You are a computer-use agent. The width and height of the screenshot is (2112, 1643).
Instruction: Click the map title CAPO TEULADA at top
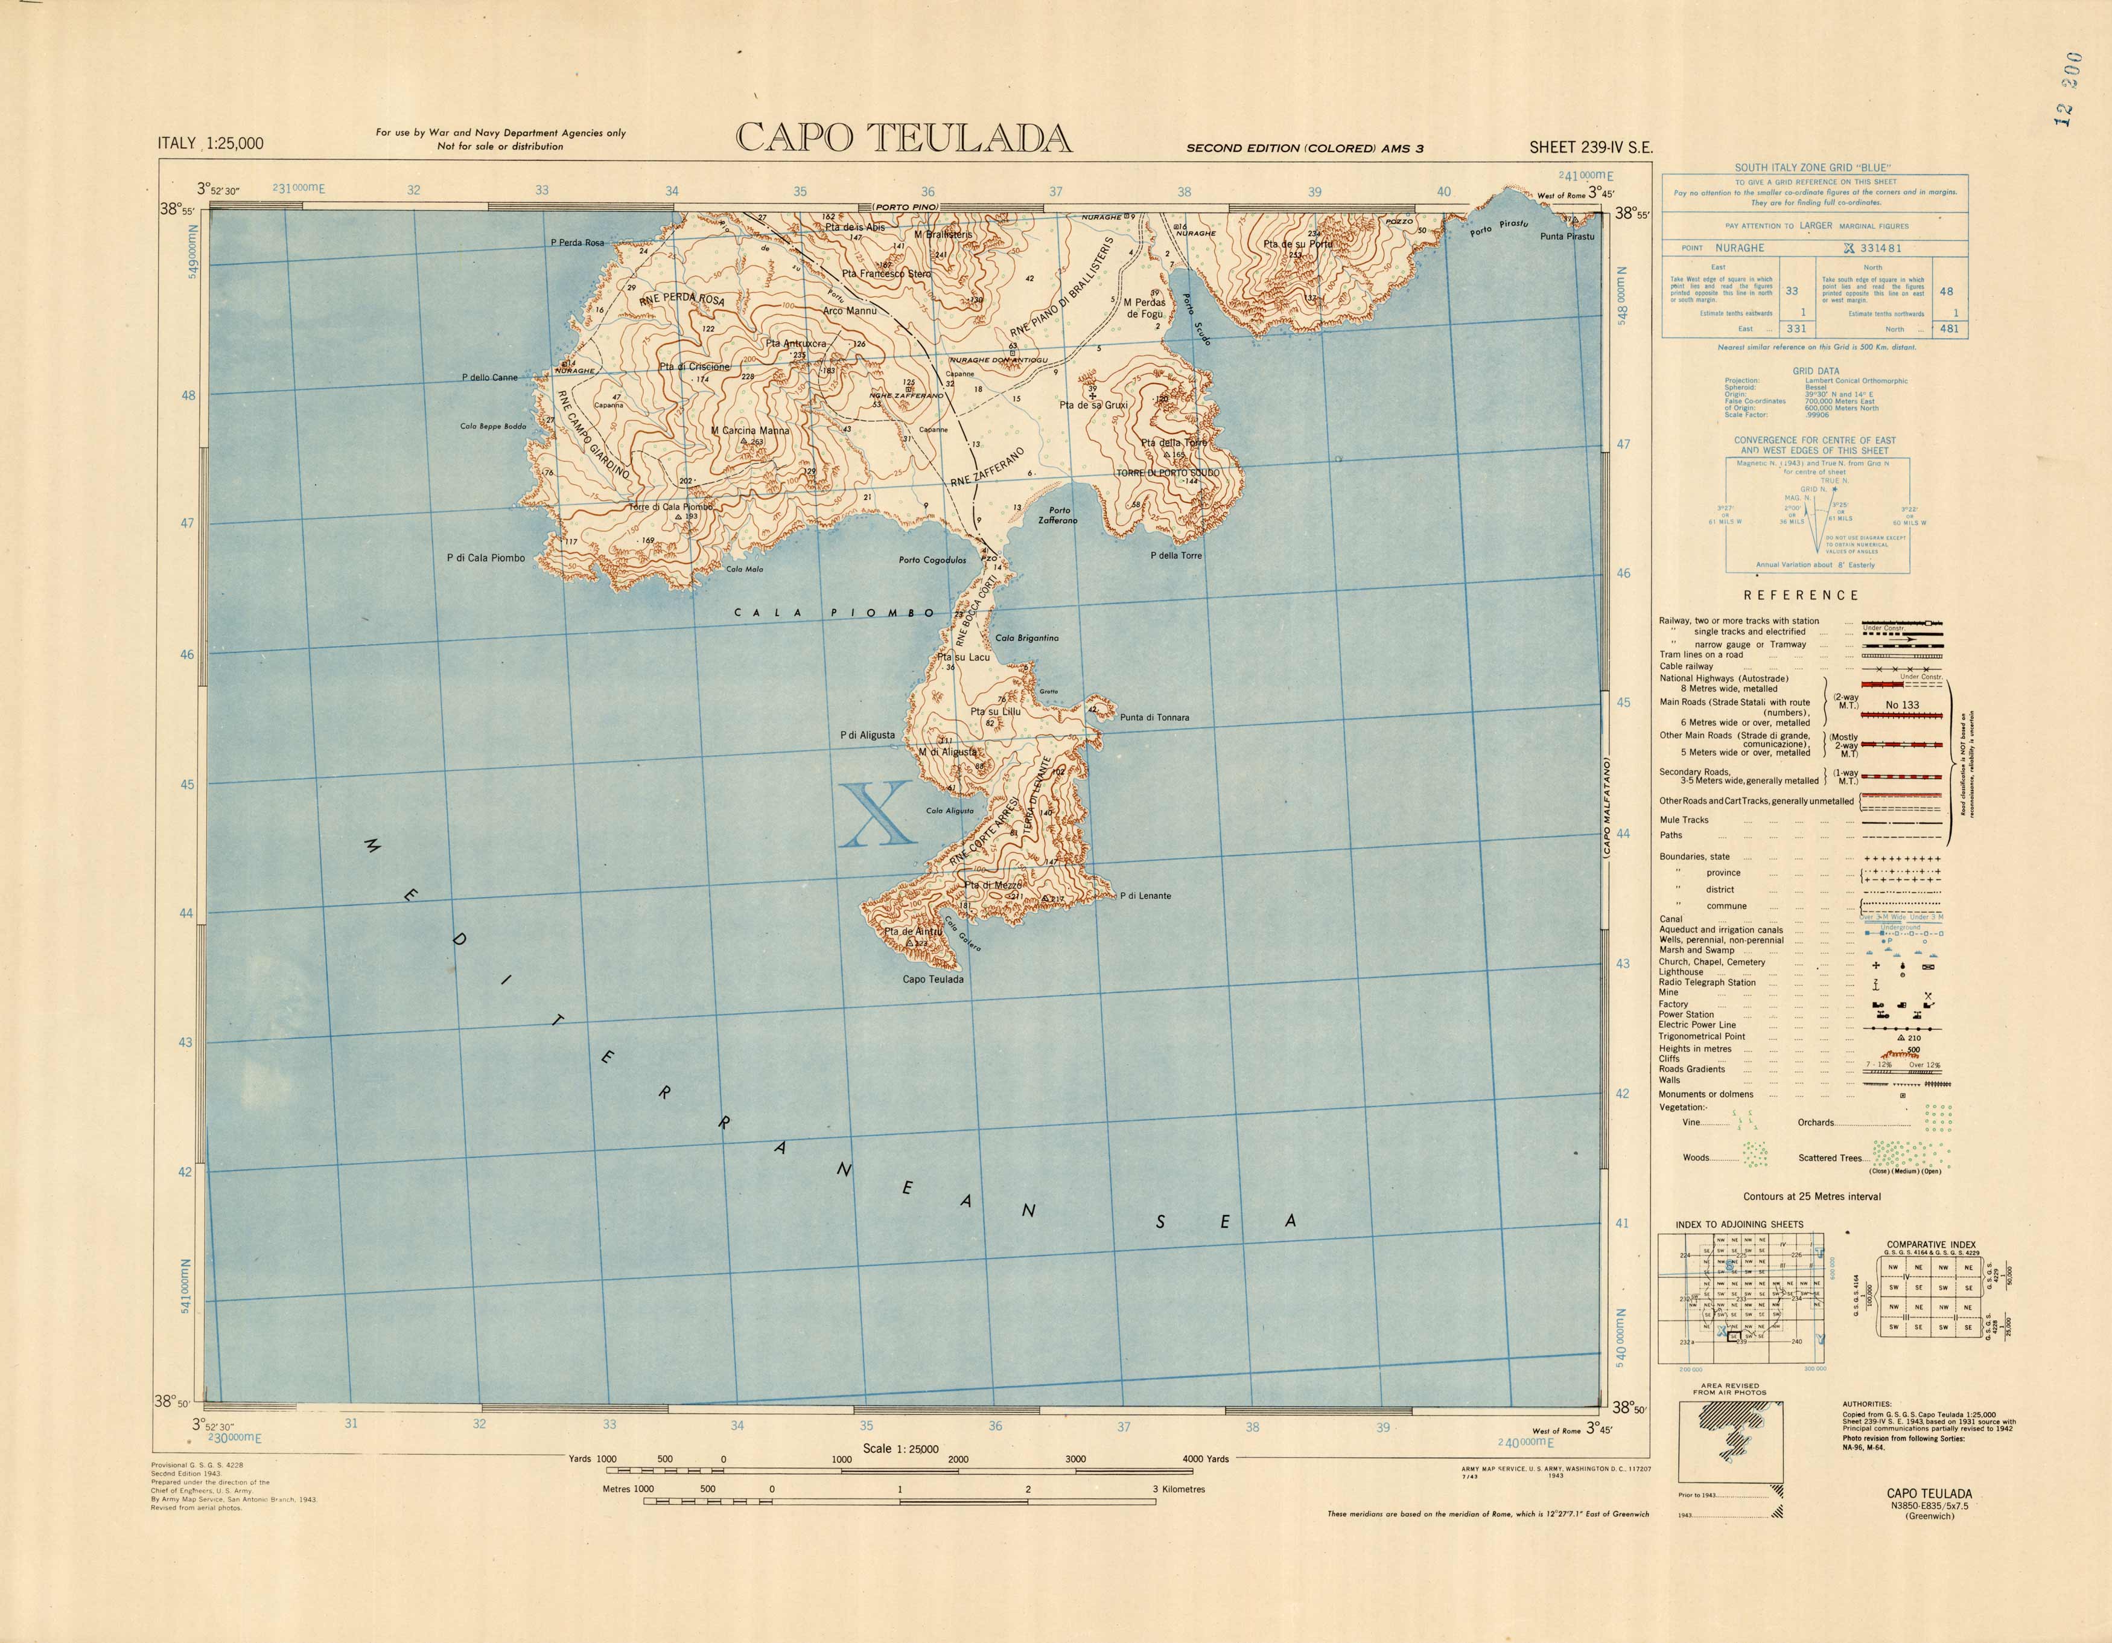(x=903, y=138)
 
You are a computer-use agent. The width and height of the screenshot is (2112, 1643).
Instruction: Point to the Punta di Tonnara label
(x=1154, y=718)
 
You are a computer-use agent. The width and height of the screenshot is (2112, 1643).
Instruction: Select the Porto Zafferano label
(x=1059, y=515)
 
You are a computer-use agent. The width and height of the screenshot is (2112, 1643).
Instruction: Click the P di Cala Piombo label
(x=485, y=558)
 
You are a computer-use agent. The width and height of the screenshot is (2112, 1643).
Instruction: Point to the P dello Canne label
(x=489, y=377)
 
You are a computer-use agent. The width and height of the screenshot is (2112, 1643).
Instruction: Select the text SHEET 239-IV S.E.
(x=1591, y=148)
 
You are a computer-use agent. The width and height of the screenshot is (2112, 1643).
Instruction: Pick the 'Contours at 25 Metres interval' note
(x=1812, y=1196)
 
